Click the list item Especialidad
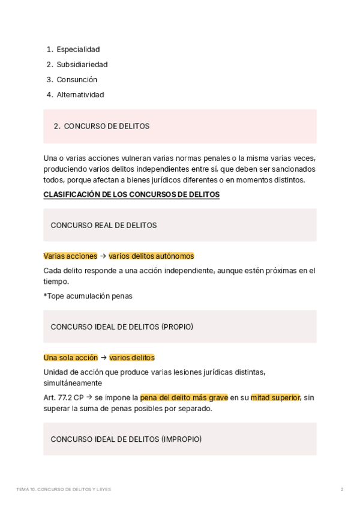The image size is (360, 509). pos(78,49)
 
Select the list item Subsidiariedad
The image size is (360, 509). pos(82,64)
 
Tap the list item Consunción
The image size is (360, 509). pos(77,79)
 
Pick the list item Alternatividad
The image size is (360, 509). pos(80,94)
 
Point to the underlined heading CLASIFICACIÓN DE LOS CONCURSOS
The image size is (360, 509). pos(131,194)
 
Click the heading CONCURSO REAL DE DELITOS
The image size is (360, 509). pos(104,225)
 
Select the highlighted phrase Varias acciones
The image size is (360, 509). pos(70,256)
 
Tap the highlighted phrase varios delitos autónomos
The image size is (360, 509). pos(151,256)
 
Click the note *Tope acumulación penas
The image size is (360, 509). pos(88,295)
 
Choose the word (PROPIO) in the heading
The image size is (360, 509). pos(177,327)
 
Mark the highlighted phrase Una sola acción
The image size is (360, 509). pos(70,357)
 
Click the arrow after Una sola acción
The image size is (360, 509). pos(103,357)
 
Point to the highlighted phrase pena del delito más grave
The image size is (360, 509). pos(184,397)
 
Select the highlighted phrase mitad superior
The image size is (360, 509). pos(275,397)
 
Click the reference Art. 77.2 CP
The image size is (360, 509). pos(64,397)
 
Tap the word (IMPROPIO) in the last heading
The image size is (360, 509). pos(181,439)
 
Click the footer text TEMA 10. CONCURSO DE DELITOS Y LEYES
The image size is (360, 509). pos(64,489)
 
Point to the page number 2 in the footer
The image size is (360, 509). pos(341,489)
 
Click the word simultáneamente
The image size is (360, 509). pos(73,382)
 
